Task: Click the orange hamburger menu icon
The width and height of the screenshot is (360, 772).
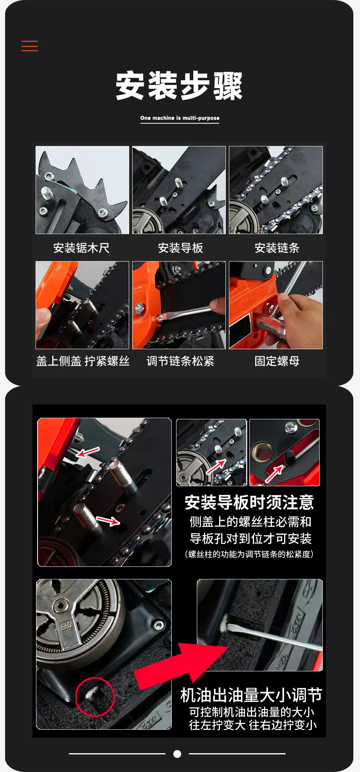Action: point(30,46)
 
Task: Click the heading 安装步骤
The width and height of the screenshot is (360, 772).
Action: point(179,86)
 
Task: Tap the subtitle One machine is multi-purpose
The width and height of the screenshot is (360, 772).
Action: point(180,118)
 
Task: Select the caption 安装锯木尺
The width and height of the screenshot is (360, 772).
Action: point(81,248)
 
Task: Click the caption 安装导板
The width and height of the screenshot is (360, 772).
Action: point(180,248)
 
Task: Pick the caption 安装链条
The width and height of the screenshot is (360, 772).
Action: point(277,248)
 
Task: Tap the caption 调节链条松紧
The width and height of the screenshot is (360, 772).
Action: point(180,361)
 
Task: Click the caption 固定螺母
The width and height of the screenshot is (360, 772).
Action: point(277,361)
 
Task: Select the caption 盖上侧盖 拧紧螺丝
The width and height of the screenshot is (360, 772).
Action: point(83,361)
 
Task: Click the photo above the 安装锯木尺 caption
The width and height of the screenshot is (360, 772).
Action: point(82,190)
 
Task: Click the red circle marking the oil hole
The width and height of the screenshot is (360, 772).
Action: point(95,697)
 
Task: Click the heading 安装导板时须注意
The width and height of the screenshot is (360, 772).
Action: point(249,503)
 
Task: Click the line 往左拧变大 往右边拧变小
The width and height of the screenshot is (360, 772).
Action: point(253,725)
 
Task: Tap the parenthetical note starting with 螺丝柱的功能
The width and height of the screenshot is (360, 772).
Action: point(249,554)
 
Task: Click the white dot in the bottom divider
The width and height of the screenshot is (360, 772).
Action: point(177,754)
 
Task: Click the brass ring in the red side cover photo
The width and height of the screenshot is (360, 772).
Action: point(261,451)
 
